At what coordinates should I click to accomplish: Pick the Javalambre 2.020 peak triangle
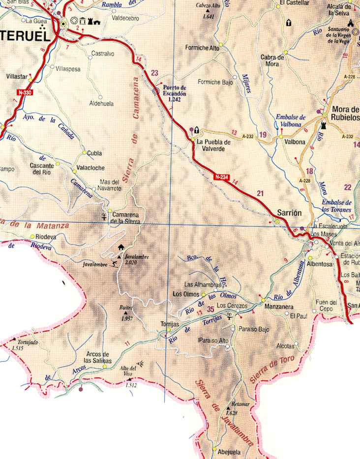120,256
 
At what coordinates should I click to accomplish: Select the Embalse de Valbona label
291,121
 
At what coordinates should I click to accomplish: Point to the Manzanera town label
278,307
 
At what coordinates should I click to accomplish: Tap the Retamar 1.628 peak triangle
229,408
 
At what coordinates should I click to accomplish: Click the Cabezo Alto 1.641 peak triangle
208,10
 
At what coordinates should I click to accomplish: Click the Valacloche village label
91,167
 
